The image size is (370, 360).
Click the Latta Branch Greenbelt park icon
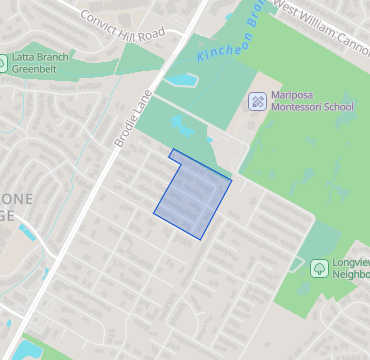[x=4, y=63]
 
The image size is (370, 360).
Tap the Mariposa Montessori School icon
[x=257, y=101]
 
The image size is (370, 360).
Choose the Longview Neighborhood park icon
[x=318, y=267]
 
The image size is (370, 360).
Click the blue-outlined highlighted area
[x=192, y=195]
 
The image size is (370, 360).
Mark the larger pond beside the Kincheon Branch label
[x=181, y=80]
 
